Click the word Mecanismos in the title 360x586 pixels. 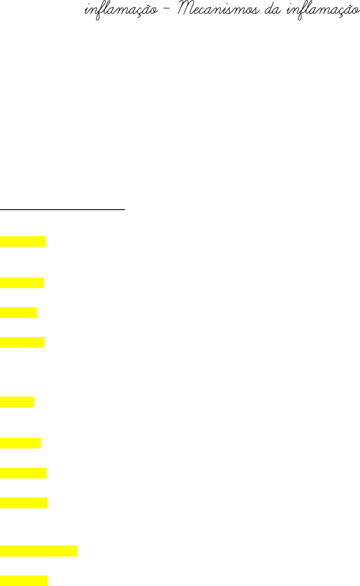point(218,10)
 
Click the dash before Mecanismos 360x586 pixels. point(166,11)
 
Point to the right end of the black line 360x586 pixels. point(125,209)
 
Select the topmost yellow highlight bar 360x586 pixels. point(23,241)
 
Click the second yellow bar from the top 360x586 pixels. point(22,283)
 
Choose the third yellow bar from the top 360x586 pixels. point(19,312)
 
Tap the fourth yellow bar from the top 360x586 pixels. point(22,342)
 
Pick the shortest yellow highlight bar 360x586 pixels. point(17,402)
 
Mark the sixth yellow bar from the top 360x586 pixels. point(20,443)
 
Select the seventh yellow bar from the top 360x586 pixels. point(23,473)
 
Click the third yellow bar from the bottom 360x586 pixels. point(24,503)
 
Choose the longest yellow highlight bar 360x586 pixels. point(38,551)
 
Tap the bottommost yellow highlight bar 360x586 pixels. point(24,581)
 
